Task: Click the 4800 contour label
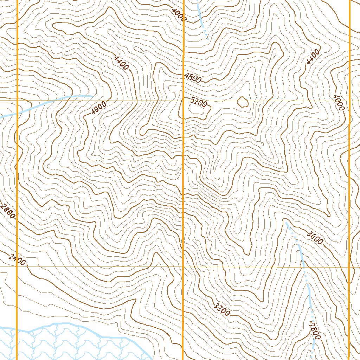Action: (x=193, y=78)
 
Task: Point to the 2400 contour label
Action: (x=17, y=261)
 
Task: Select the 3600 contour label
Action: (x=315, y=238)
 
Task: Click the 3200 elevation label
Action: (x=222, y=308)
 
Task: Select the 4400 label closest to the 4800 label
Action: (x=122, y=63)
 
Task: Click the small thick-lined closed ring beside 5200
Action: (x=243, y=102)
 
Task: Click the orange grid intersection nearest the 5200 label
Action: (x=183, y=101)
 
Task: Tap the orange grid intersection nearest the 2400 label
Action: (x=17, y=266)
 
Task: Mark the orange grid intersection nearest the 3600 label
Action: (x=349, y=266)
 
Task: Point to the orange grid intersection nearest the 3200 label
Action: (x=183, y=266)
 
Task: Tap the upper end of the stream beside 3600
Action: (x=286, y=222)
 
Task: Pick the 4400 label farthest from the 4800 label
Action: (x=313, y=57)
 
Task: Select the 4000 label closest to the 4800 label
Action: (x=179, y=14)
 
